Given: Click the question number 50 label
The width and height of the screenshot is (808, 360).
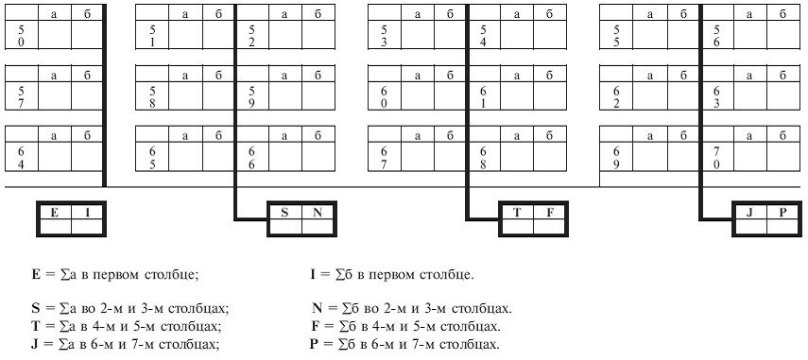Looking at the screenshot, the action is coord(21,37).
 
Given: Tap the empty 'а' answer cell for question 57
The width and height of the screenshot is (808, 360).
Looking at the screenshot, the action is coord(54,95).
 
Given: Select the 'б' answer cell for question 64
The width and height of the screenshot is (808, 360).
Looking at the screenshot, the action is coord(88,157).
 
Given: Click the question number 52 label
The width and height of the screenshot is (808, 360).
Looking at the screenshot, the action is coord(251,37).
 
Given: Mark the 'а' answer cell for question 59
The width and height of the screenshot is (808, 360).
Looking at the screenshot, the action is coord(285,95).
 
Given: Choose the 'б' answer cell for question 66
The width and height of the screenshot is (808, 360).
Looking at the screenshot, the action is coord(318,157).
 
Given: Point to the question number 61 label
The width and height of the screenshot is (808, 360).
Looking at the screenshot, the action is coord(483,95).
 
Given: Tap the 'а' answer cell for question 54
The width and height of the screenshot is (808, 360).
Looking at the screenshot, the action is coord(517,35).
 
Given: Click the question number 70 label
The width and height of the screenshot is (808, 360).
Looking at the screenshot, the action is coord(716,157).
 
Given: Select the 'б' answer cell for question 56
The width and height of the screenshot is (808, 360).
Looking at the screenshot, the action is coord(782,35).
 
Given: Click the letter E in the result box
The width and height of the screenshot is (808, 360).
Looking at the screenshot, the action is coord(54,213).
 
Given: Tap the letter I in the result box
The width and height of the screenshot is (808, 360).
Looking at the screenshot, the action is coord(87,213).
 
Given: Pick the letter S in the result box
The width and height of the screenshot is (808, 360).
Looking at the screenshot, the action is coord(284,213).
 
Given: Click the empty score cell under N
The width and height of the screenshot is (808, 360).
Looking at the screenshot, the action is coord(318,227).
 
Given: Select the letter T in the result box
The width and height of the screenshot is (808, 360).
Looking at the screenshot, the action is coord(516,213).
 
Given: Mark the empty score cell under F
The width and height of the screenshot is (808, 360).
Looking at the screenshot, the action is coord(549,227).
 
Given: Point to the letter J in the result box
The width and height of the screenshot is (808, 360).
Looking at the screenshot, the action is coord(749,213).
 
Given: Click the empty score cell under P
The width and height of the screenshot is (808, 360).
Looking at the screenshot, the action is coord(782,227).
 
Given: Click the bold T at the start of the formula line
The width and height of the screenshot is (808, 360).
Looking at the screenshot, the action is coord(35,327).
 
